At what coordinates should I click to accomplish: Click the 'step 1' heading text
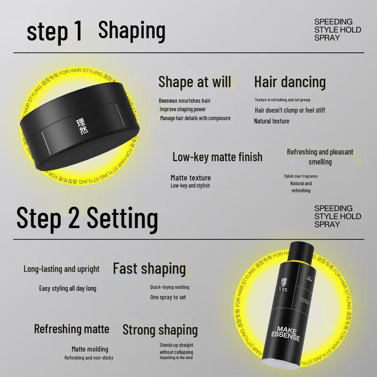click(54, 31)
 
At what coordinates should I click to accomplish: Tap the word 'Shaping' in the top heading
click(131, 30)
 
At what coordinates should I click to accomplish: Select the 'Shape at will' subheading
click(195, 82)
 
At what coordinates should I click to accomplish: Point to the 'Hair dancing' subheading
click(290, 82)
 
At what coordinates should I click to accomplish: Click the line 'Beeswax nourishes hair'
click(185, 101)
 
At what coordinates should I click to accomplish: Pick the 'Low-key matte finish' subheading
click(217, 157)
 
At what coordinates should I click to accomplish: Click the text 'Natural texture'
click(271, 121)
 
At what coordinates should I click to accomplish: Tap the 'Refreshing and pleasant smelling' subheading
click(320, 157)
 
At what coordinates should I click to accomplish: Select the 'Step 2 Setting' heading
click(87, 218)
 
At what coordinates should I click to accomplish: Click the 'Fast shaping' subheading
click(149, 269)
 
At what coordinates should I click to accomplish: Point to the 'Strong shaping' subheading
click(160, 330)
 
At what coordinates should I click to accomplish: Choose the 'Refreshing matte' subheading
click(71, 329)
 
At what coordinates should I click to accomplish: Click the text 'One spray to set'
click(168, 297)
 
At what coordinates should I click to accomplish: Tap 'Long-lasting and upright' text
click(62, 269)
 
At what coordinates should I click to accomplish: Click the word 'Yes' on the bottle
click(283, 289)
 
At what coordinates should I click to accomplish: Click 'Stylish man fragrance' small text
click(301, 176)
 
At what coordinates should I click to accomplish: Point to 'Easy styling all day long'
click(67, 288)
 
